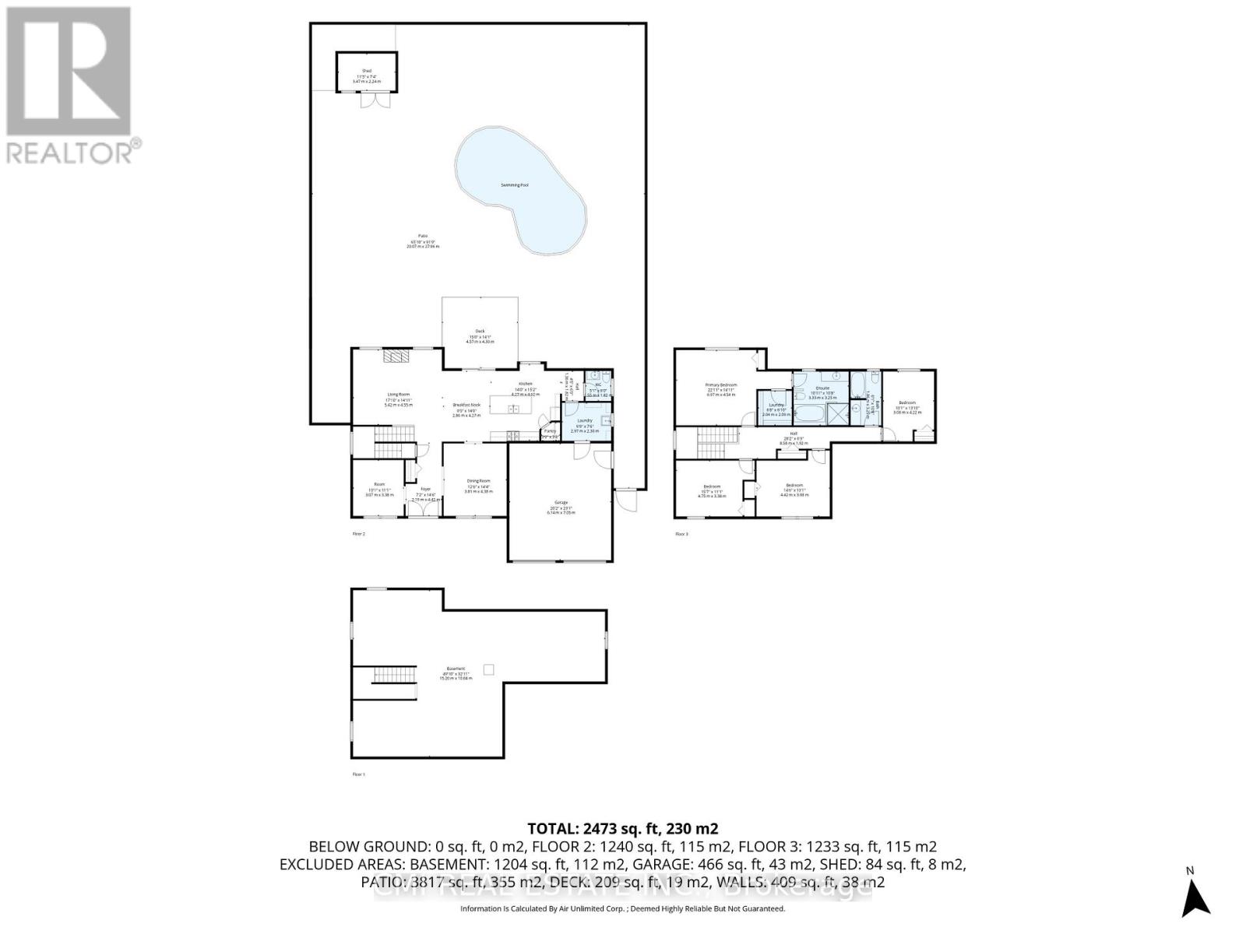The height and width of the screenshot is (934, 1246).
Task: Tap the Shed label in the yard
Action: tap(366, 71)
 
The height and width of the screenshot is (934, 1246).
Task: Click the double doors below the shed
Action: tap(367, 101)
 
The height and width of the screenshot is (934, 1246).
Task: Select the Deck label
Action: tap(480, 331)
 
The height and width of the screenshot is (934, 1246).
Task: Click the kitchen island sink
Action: tap(514, 409)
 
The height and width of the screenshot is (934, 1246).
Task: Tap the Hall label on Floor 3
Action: tap(794, 434)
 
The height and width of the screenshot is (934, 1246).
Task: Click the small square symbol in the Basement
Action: tap(489, 669)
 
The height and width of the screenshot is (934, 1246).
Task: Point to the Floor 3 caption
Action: tap(681, 534)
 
